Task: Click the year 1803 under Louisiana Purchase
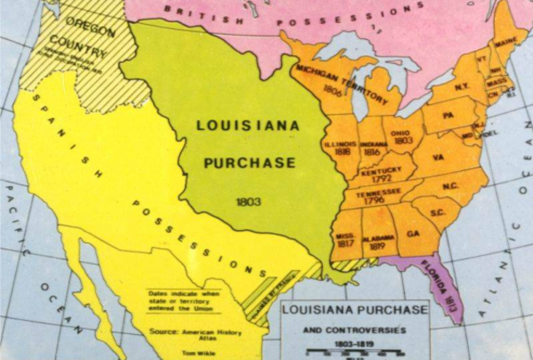pyautogui.click(x=249, y=202)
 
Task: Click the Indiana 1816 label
pyautogui.click(x=371, y=148)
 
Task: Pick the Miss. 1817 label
pyautogui.click(x=345, y=238)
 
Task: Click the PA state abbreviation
pyautogui.click(x=448, y=114)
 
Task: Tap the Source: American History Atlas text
pyautogui.click(x=190, y=332)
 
